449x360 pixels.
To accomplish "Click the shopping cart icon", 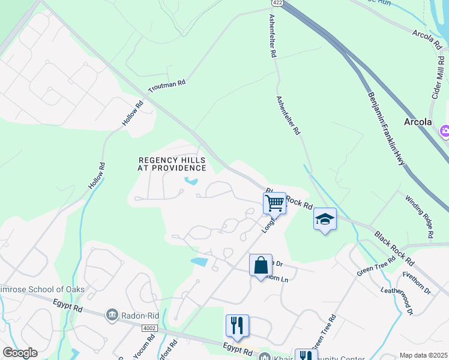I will click(274, 203).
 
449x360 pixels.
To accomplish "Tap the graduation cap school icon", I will click(325, 219).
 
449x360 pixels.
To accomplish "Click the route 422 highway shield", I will click(273, 2).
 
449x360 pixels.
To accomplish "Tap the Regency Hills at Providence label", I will click(172, 164).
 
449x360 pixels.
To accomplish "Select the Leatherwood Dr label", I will click(398, 300).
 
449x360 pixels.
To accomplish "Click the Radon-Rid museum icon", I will click(111, 315).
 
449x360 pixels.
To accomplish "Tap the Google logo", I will click(20, 353).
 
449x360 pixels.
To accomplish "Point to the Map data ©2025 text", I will click(423, 355).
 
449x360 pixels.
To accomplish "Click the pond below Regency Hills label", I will click(191, 180).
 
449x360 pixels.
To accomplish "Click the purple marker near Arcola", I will click(445, 131).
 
